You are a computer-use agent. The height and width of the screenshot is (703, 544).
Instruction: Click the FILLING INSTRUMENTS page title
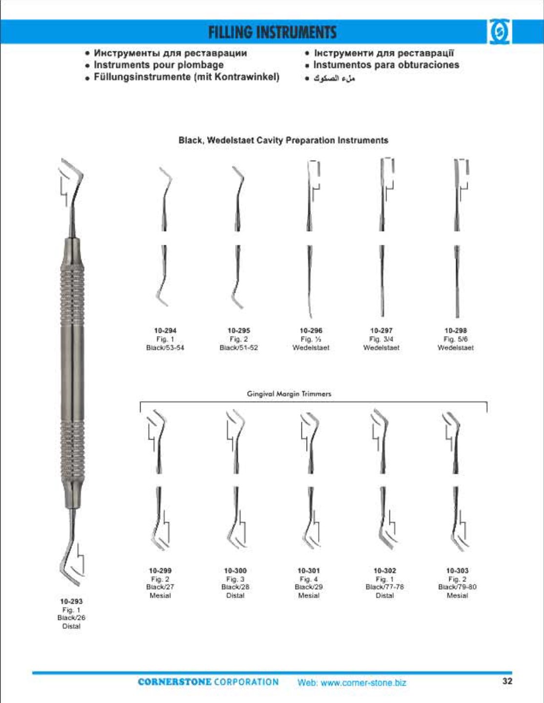272,32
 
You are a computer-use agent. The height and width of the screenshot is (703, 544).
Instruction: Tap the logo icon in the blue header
499,32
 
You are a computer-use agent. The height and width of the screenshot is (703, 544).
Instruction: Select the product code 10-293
71,601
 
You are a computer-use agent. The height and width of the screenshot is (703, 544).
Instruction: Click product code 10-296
311,331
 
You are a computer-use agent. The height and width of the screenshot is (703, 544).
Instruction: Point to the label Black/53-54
165,348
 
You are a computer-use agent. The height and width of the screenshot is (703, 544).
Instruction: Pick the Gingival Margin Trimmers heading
289,394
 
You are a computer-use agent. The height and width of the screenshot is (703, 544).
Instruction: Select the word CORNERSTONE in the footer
174,682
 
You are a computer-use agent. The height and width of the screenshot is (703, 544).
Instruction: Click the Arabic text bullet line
331,78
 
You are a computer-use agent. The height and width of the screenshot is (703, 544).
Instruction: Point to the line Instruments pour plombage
155,64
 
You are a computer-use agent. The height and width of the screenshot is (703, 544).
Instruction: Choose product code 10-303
458,571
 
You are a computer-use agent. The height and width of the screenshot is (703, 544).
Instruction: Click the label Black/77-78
385,587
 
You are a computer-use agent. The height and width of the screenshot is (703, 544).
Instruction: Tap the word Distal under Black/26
71,626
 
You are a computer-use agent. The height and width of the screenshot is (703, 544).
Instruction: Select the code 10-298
456,331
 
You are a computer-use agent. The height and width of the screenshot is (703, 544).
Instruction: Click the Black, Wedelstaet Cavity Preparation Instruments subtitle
283,140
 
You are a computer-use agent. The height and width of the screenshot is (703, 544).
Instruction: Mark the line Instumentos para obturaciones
382,64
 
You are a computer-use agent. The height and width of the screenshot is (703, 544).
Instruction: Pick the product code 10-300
235,571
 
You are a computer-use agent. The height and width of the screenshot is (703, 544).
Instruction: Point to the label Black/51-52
239,348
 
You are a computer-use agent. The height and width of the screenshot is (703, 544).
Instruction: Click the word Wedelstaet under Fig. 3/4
381,348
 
